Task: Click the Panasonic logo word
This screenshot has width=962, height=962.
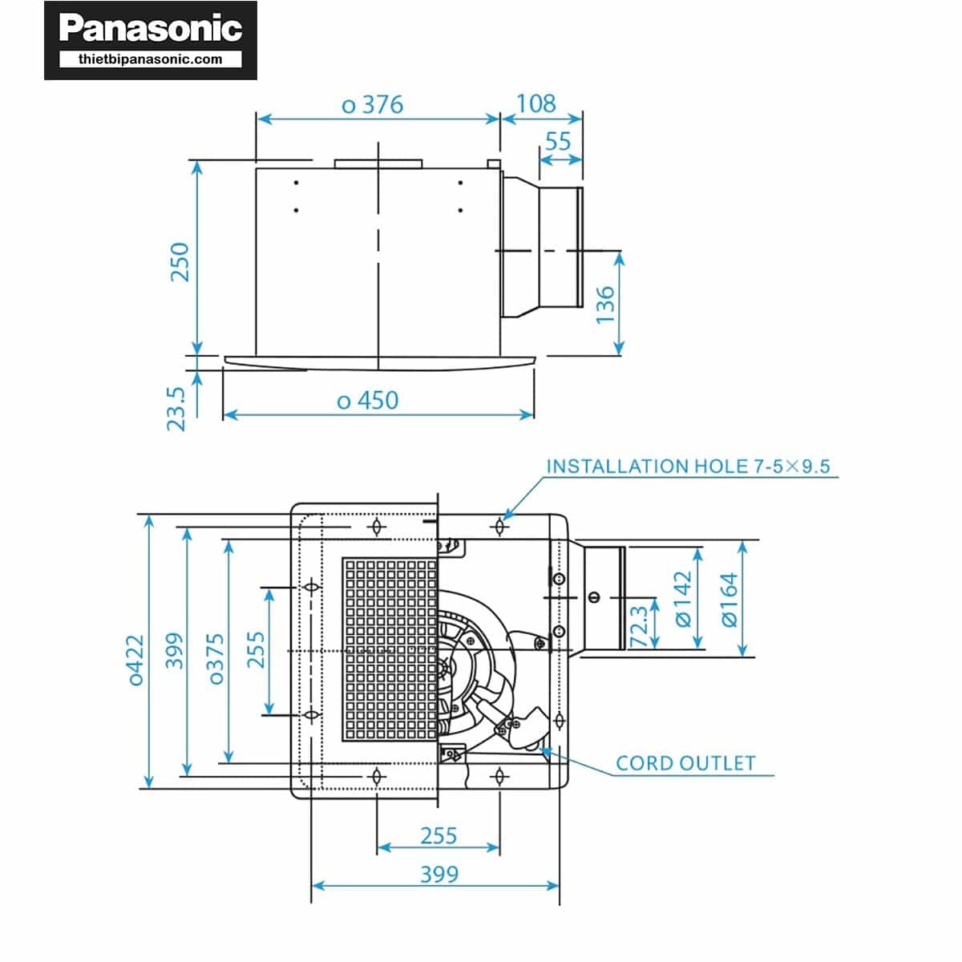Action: [150, 29]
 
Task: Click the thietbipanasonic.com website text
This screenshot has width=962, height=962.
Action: [150, 59]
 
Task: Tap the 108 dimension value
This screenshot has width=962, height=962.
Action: [536, 103]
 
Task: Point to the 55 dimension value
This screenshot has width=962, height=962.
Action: [558, 141]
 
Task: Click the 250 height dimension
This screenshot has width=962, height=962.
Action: [180, 261]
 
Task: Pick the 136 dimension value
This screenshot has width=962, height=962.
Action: [605, 305]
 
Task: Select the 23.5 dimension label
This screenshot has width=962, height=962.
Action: [176, 408]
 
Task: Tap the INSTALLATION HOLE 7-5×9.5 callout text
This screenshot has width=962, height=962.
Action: [688, 466]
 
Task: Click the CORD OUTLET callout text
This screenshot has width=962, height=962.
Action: [685, 763]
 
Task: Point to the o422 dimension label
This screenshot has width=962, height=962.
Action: [136, 660]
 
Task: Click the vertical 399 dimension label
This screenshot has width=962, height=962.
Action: [174, 651]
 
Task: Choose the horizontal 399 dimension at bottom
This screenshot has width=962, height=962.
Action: [439, 874]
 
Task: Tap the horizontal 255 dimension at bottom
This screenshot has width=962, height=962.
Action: [439, 836]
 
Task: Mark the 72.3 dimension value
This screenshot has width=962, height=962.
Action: [639, 626]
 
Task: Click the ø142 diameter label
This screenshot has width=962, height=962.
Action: [682, 598]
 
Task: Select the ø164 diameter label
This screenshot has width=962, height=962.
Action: [729, 599]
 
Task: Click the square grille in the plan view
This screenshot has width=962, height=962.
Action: [390, 649]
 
